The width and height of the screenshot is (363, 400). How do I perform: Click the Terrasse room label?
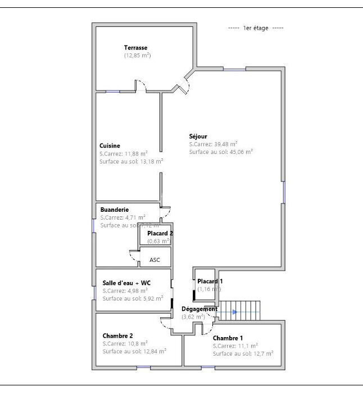click(x=135, y=47)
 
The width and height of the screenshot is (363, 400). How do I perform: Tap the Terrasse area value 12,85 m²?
click(x=138, y=55)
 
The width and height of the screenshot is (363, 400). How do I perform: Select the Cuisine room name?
click(x=110, y=146)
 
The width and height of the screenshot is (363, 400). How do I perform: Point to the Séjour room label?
click(x=198, y=136)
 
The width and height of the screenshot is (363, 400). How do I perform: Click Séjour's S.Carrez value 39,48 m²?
click(x=214, y=144)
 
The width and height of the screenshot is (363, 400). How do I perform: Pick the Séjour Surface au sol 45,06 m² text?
click(x=221, y=152)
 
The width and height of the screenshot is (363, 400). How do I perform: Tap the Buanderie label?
click(x=115, y=210)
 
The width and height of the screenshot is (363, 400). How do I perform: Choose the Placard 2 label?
click(x=160, y=233)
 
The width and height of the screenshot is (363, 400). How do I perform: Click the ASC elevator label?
click(x=155, y=260)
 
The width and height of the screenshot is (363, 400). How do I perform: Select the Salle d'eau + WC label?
click(x=126, y=283)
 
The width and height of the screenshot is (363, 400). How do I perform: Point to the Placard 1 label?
click(x=210, y=281)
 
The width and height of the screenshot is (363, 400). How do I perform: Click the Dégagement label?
click(x=199, y=309)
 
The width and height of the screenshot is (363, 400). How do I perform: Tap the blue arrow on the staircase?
click(x=234, y=312)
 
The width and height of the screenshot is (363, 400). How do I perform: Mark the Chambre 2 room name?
click(x=117, y=335)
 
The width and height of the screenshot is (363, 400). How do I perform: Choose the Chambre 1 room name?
click(x=228, y=338)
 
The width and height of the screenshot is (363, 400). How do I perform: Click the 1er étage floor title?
click(x=256, y=28)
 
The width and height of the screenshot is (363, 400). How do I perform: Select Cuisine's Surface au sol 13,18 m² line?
click(x=131, y=161)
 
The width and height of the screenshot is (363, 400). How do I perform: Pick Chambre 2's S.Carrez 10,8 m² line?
click(x=125, y=343)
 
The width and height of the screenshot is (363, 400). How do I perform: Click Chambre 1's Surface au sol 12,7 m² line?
click(x=243, y=353)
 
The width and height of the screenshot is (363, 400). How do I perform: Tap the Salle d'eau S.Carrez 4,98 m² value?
click(x=125, y=290)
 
